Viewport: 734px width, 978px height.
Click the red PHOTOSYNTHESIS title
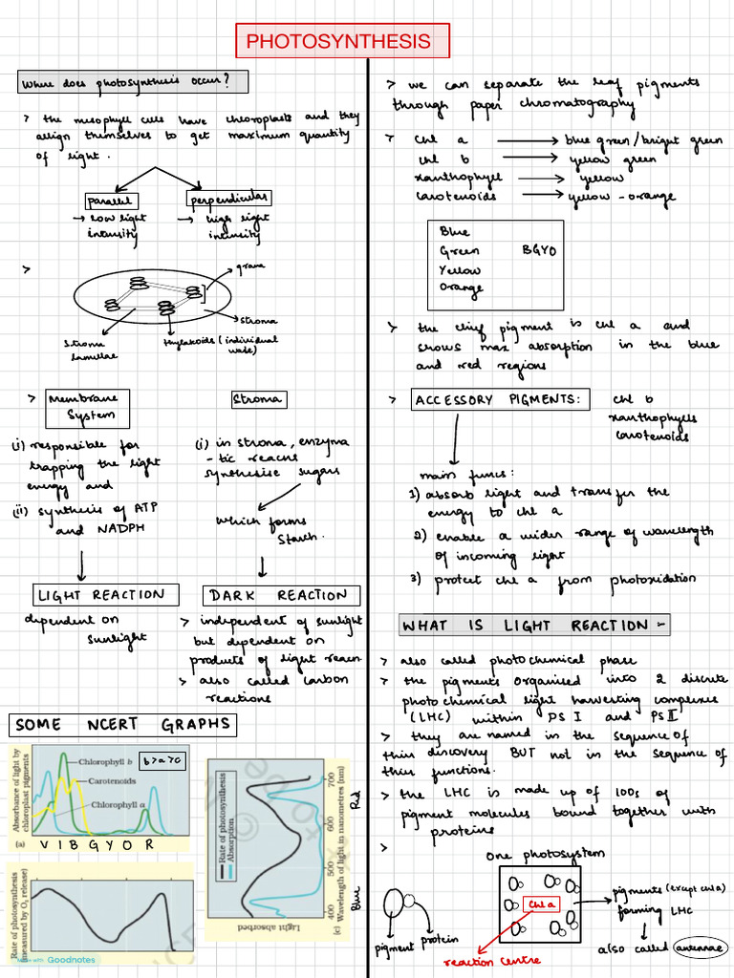pyautogui.click(x=338, y=42)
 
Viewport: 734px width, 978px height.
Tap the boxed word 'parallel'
pyautogui.click(x=112, y=201)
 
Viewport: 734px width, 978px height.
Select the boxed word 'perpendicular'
pyautogui.click(x=227, y=199)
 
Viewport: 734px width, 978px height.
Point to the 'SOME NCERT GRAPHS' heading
pyautogui.click(x=122, y=724)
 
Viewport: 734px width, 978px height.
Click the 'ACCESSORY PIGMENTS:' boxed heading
pyautogui.click(x=498, y=400)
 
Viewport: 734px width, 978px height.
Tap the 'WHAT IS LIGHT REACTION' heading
pyautogui.click(x=534, y=626)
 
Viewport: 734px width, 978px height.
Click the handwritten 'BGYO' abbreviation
pyautogui.click(x=539, y=250)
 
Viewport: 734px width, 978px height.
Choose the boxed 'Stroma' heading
pyautogui.click(x=256, y=398)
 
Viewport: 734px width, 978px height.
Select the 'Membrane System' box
pyautogui.click(x=87, y=408)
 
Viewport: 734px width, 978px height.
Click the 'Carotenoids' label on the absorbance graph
pyautogui.click(x=112, y=780)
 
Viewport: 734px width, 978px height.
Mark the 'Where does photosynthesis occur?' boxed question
pyautogui.click(x=132, y=82)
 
